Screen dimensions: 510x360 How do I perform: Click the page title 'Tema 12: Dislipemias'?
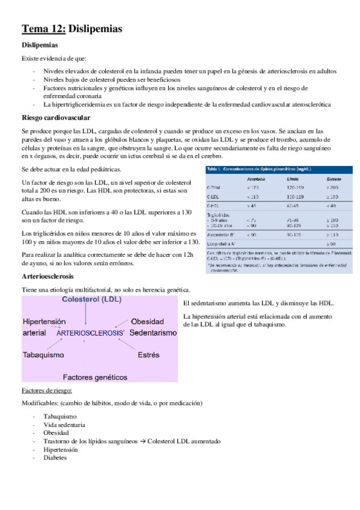point(72,28)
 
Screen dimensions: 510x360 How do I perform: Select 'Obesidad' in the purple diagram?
point(148,322)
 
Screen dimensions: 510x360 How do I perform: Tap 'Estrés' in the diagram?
point(148,355)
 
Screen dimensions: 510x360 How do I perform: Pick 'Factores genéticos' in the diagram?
point(95,377)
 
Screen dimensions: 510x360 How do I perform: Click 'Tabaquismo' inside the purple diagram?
point(43,355)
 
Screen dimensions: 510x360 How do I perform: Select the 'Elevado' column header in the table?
point(335,179)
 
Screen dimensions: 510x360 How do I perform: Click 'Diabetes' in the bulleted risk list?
point(55,458)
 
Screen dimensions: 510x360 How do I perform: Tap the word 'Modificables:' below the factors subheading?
point(41,402)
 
